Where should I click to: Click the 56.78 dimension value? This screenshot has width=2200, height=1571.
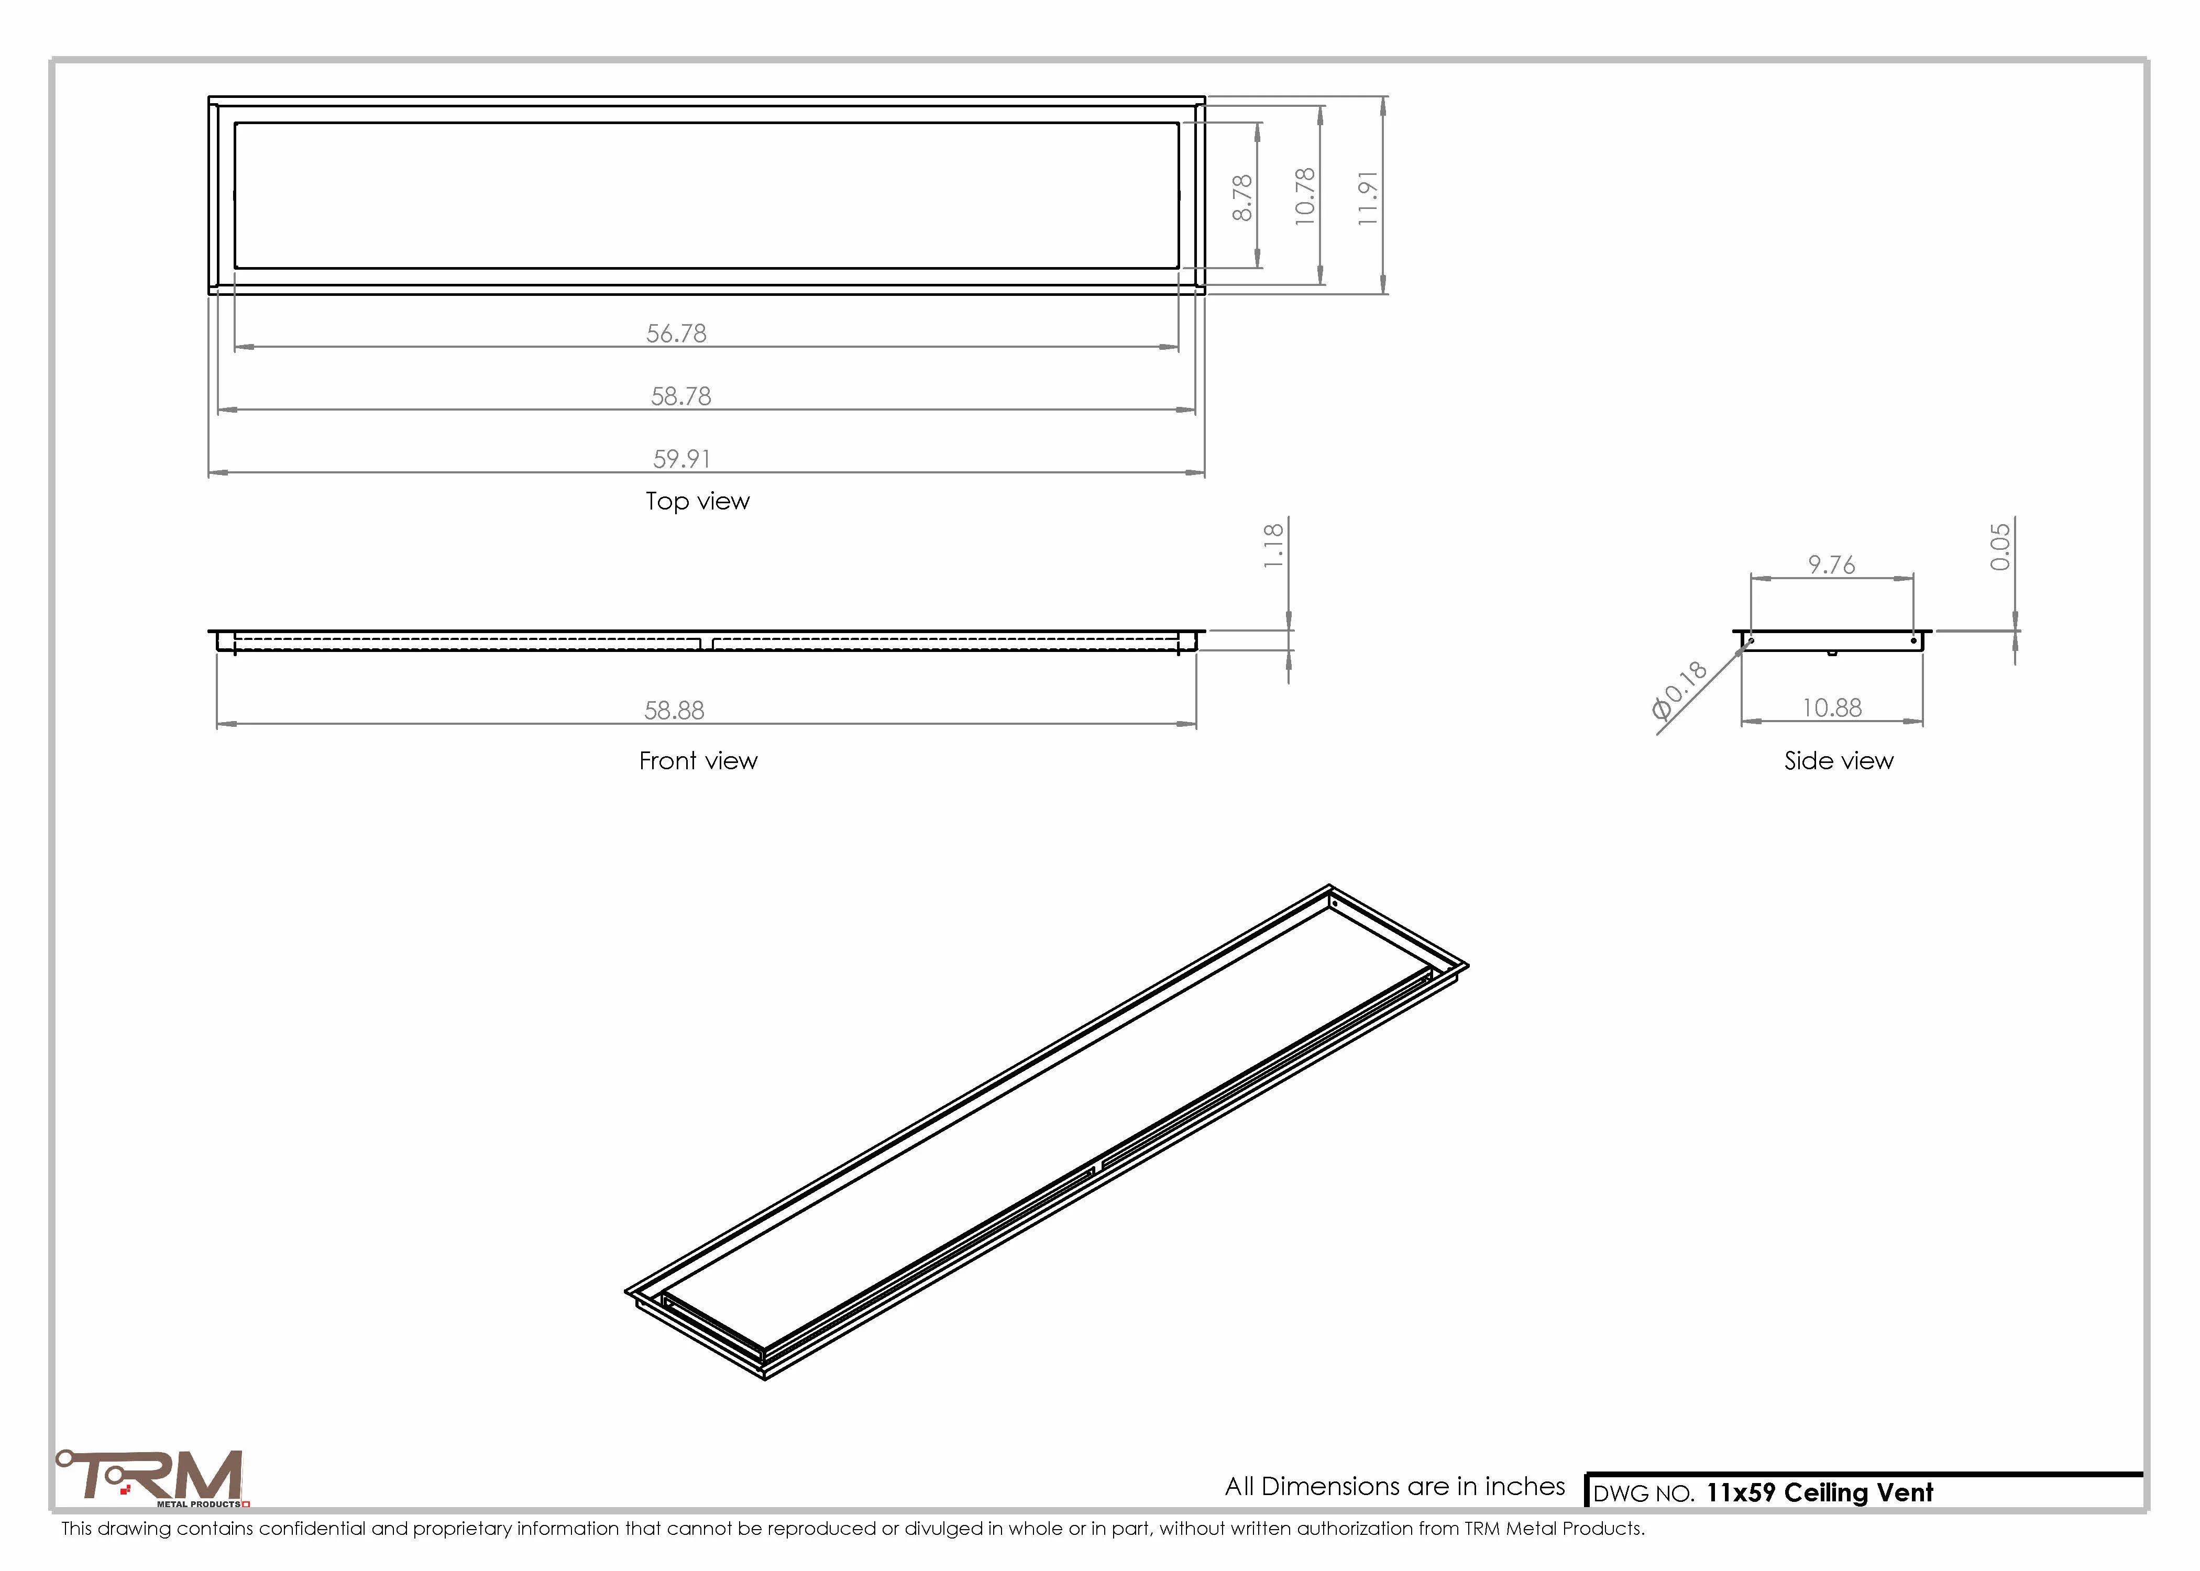click(676, 334)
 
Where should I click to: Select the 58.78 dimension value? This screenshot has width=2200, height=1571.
click(681, 396)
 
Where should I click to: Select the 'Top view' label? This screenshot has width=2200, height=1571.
click(698, 501)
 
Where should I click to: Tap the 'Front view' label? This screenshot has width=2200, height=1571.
click(698, 761)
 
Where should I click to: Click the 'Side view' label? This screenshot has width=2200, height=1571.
click(1838, 761)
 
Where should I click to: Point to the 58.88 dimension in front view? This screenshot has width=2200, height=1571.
click(674, 711)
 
